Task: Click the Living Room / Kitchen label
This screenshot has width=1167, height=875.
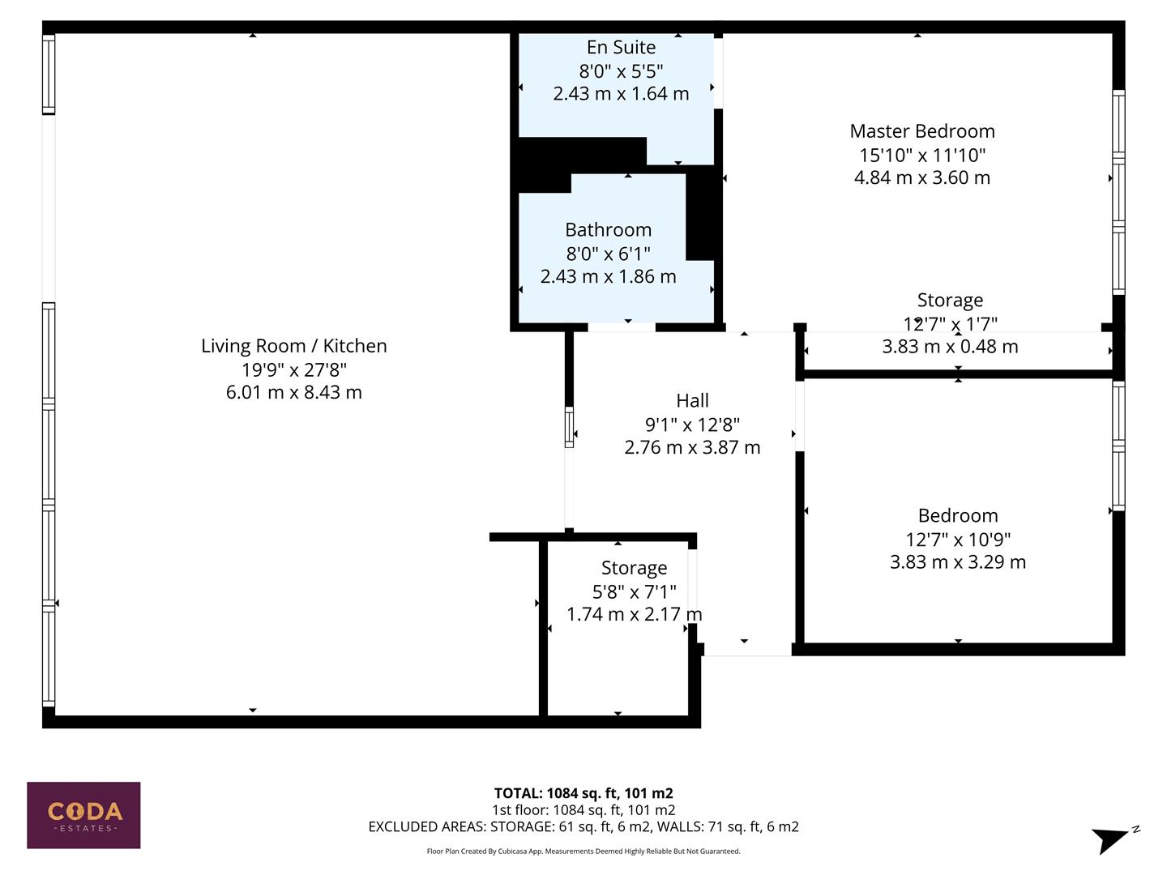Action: tap(293, 346)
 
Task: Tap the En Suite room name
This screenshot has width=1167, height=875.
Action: tap(621, 48)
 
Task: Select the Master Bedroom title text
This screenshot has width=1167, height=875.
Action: tap(921, 131)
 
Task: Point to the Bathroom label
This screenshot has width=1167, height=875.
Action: tap(608, 230)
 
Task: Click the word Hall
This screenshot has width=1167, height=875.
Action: tap(692, 401)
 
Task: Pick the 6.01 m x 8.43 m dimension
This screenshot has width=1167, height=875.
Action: tap(293, 392)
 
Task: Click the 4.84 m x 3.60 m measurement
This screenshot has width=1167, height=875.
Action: tap(921, 177)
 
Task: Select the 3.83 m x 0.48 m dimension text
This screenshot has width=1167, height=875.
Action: tap(949, 347)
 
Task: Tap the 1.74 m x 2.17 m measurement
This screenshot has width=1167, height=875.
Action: tap(634, 614)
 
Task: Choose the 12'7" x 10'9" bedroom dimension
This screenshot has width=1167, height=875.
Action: tap(957, 539)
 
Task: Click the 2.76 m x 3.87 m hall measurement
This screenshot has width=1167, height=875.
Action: tap(692, 447)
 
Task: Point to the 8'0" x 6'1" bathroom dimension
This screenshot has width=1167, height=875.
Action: tap(608, 254)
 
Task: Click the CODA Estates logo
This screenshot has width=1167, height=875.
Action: tap(83, 815)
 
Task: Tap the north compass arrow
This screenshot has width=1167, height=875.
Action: tap(1112, 839)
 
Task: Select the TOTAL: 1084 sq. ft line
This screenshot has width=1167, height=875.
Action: tap(583, 793)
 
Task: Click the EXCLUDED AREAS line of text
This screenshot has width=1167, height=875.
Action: tap(583, 826)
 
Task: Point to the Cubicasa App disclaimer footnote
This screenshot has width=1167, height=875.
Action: tap(583, 852)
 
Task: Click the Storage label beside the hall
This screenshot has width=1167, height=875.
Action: tap(634, 568)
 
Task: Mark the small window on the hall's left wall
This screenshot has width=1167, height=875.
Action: tap(569, 427)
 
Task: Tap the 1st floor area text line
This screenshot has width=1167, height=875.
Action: tap(583, 810)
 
